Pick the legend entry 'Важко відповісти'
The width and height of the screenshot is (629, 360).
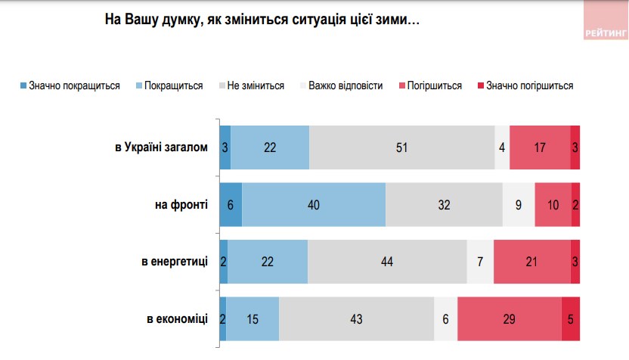pyautogui.click(x=340, y=85)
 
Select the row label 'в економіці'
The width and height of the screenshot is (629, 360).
pyautogui.click(x=177, y=319)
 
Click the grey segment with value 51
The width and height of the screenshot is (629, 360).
pyautogui.click(x=401, y=147)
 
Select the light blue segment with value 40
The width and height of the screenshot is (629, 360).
pyautogui.click(x=314, y=204)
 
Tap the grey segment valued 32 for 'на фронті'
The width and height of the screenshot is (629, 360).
pyautogui.click(x=444, y=204)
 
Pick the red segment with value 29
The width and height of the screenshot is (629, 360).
pyautogui.click(x=509, y=319)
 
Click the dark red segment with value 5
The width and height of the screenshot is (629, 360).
pyautogui.click(x=571, y=319)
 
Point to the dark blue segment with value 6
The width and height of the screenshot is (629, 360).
pyautogui.click(x=231, y=204)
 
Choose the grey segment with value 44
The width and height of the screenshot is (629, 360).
pyautogui.click(x=387, y=262)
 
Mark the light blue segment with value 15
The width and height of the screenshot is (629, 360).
pyautogui.click(x=253, y=319)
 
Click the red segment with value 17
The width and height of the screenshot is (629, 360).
pyautogui.click(x=540, y=147)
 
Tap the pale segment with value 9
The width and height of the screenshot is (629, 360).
pyautogui.click(x=519, y=204)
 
